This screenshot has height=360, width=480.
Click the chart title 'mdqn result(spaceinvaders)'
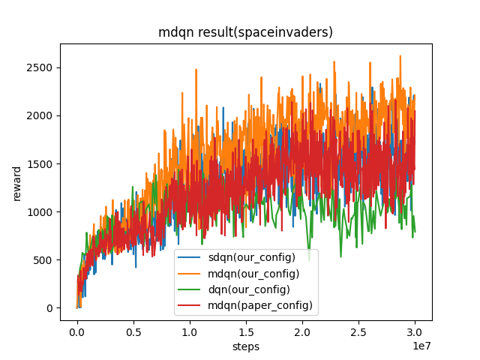(x=245, y=33)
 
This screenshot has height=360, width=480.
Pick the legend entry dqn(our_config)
(x=251, y=289)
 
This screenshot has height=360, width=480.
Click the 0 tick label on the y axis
(x=49, y=308)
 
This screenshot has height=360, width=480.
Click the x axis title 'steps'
(x=245, y=347)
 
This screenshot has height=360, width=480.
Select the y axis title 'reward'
(x=16, y=182)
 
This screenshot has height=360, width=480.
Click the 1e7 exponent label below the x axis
(x=422, y=344)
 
